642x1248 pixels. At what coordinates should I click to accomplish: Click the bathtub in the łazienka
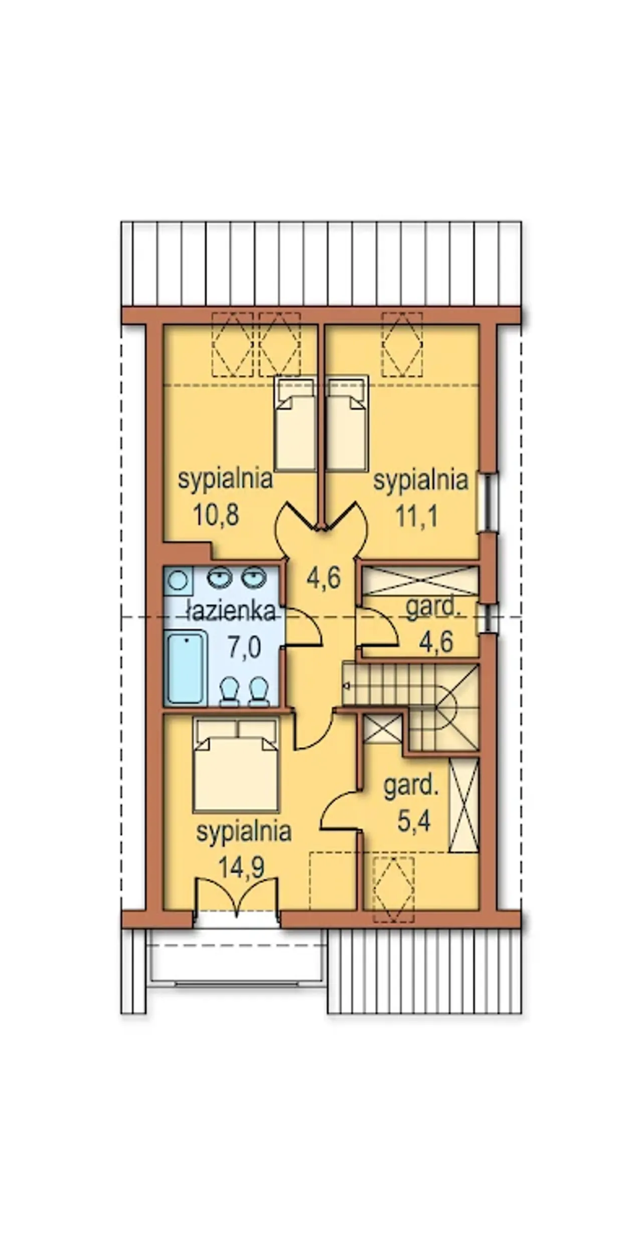(187, 667)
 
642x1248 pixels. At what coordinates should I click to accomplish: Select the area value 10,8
(216, 514)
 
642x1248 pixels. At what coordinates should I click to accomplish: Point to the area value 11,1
(417, 515)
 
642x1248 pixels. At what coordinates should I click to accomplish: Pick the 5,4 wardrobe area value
(414, 821)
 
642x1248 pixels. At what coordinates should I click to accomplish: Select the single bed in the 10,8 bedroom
(294, 424)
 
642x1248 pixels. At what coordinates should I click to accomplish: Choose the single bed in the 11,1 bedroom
(347, 424)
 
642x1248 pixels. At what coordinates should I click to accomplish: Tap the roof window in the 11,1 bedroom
(402, 344)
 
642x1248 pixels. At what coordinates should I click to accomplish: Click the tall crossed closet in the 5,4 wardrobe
(464, 805)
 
